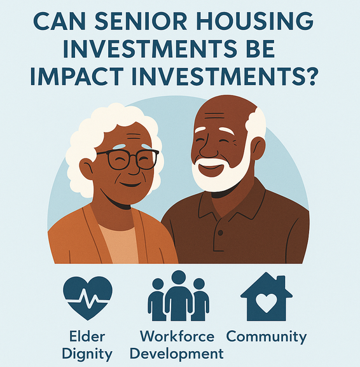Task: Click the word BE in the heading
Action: (x=260, y=49)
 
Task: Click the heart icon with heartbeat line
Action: (x=88, y=298)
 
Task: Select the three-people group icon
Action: (x=178, y=296)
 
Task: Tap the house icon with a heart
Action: (x=267, y=296)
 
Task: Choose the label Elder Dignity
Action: (x=87, y=345)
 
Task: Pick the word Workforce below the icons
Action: (x=177, y=336)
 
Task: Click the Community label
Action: (x=267, y=337)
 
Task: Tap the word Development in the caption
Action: (x=177, y=354)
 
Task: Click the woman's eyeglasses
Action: (x=128, y=160)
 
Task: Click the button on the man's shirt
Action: (x=220, y=233)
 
